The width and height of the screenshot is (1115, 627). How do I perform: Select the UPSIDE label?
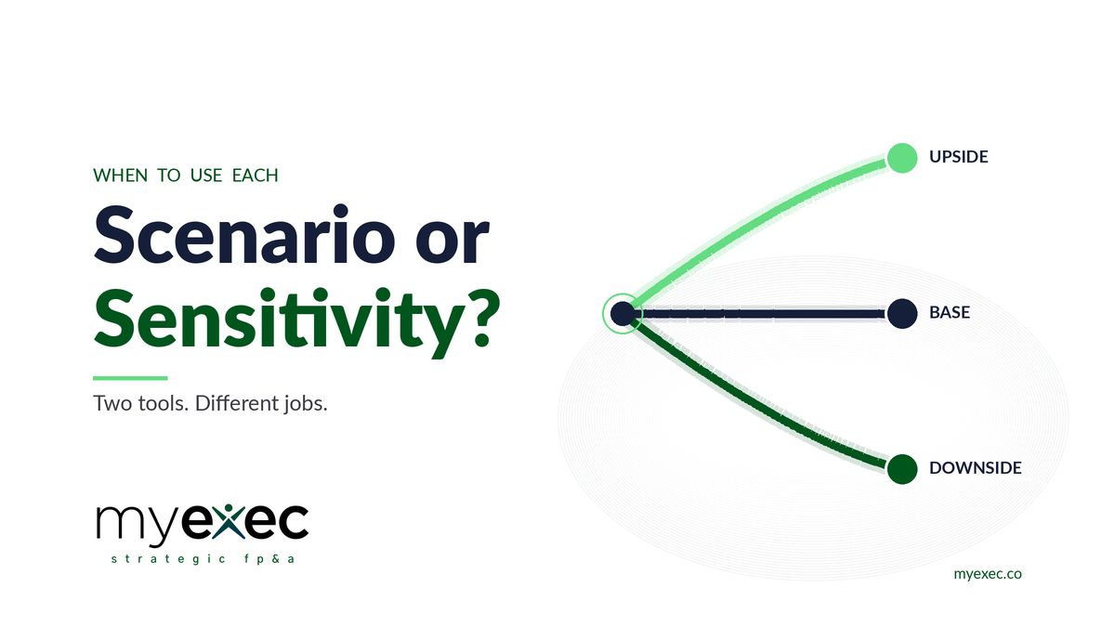(x=958, y=157)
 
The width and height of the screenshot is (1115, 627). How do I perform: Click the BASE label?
(x=949, y=313)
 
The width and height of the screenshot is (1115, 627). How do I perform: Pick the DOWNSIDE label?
(x=975, y=468)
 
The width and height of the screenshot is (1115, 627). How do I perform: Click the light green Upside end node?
(x=901, y=158)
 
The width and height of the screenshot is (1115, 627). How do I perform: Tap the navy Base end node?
(x=901, y=314)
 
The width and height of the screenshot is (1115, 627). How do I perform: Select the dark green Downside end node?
(x=901, y=469)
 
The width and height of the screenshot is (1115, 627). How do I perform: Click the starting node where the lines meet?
(x=622, y=314)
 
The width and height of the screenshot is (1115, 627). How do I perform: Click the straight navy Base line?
(x=762, y=314)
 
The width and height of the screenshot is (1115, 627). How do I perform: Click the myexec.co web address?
(x=988, y=574)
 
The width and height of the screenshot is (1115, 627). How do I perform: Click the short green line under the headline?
(x=130, y=378)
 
